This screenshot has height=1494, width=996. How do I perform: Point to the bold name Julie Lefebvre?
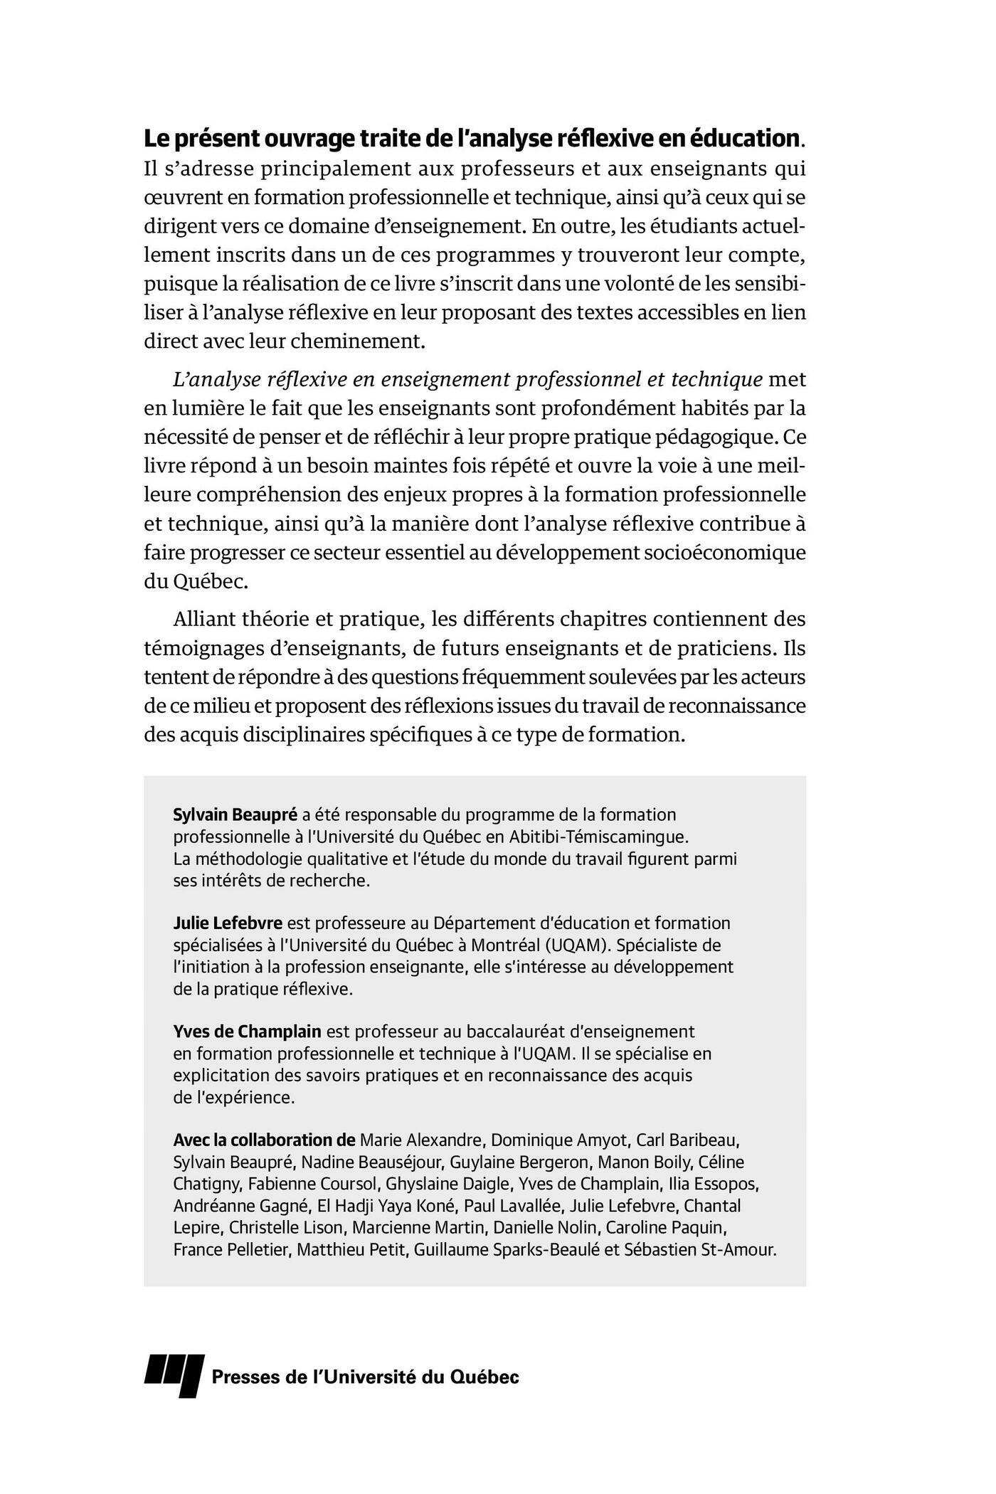(x=228, y=923)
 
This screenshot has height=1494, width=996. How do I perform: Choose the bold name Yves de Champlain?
(x=247, y=1032)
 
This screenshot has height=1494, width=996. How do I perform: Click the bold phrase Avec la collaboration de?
(x=264, y=1140)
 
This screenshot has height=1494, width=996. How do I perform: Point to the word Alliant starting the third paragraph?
(x=202, y=619)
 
